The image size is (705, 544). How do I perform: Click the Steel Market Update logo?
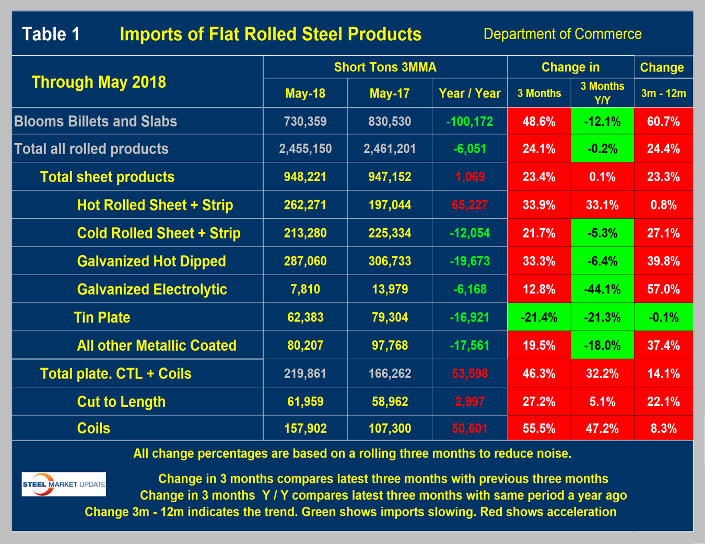point(64,484)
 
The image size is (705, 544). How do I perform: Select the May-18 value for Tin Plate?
point(305,317)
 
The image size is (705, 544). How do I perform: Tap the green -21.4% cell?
point(539,317)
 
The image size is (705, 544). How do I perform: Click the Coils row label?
point(93,429)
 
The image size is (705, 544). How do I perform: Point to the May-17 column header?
point(390,93)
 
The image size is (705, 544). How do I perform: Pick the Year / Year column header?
point(469,93)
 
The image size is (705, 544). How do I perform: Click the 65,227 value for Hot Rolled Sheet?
point(469,205)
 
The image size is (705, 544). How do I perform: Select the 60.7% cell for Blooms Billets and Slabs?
point(663,122)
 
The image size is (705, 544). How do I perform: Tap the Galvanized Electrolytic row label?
point(152,289)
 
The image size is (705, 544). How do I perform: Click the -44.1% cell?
point(602,289)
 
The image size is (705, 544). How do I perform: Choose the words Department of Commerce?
point(562,34)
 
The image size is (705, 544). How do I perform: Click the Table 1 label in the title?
point(51,34)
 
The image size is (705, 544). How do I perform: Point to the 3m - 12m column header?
point(663,93)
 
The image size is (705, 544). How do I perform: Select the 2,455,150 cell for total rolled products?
point(305,149)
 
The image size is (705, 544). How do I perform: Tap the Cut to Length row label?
point(121,401)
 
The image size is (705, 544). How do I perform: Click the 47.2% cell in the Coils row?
point(602,429)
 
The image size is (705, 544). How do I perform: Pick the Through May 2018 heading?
point(99,82)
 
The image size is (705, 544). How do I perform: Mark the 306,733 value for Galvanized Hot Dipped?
point(390,261)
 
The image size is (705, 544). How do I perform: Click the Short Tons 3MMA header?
point(385,67)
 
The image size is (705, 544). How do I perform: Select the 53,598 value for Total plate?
point(469,374)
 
